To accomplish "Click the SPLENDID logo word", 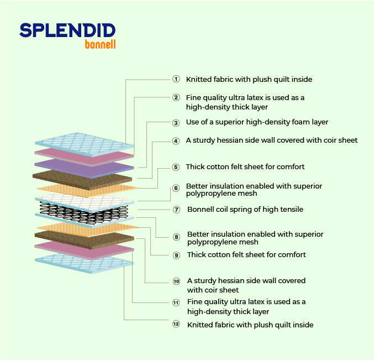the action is (x=67, y=30).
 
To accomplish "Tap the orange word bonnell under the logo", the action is (x=100, y=44).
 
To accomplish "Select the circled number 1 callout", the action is (x=176, y=79).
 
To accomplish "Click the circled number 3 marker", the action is (x=176, y=123).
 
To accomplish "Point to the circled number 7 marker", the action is (x=176, y=210).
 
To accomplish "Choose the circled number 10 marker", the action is (x=176, y=281).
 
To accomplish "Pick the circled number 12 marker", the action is (x=176, y=324).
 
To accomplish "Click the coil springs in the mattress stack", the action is (x=84, y=212).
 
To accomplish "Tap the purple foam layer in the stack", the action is (x=84, y=168).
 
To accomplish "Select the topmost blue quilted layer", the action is (x=84, y=144).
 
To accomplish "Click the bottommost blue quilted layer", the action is (x=84, y=263).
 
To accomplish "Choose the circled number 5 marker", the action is (x=176, y=167).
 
